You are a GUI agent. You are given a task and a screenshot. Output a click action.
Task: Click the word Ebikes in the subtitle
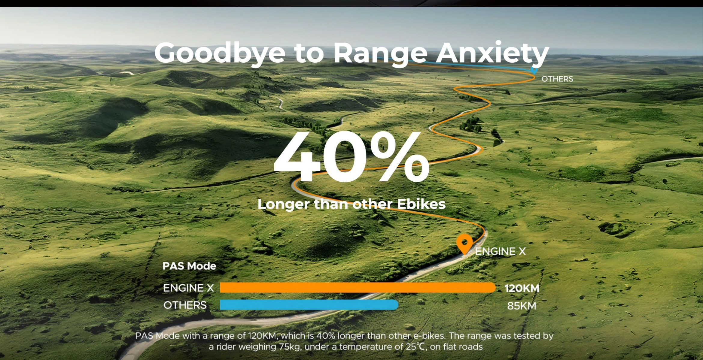(421, 204)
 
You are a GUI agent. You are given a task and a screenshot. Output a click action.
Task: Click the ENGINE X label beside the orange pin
(501, 251)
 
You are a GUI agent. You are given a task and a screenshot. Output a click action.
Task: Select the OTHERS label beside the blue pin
(557, 79)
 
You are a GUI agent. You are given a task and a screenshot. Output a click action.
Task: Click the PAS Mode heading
(189, 266)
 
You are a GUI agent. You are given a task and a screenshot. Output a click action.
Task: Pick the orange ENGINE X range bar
(358, 288)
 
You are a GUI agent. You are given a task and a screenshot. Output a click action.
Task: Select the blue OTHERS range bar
(309, 305)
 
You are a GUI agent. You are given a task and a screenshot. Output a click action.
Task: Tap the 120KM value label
(522, 288)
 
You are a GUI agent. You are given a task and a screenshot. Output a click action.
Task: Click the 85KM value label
(522, 306)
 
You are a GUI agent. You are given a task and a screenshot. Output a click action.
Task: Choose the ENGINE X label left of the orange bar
(188, 288)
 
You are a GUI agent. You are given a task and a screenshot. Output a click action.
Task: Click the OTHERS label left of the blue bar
(185, 305)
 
